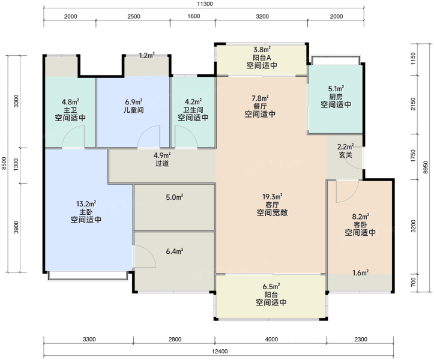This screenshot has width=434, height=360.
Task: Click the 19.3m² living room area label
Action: click(273, 197)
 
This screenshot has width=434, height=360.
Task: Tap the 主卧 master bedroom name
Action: click(86, 212)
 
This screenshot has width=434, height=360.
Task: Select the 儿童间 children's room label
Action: click(134, 110)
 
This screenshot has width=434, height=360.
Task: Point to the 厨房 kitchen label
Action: click(336, 97)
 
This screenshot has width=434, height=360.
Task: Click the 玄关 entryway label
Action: click(345, 155)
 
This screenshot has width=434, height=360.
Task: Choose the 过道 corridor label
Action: click(162, 163)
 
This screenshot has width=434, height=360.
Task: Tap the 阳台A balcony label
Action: click(262, 58)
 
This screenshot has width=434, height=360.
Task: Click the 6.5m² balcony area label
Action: click(271, 286)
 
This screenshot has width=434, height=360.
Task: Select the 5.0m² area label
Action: click(175, 197)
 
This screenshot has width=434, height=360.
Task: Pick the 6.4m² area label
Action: click(175, 251)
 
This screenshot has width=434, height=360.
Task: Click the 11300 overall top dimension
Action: click(205, 4)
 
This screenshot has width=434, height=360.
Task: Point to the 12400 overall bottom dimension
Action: click(220, 352)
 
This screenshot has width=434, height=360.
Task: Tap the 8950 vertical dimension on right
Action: click(426, 167)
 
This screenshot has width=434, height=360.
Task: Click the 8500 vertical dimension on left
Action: click(4, 163)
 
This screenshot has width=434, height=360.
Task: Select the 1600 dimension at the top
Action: click(194, 16)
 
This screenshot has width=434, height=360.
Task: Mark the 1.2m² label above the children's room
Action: click(146, 55)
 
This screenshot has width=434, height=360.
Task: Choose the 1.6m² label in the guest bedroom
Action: click(360, 273)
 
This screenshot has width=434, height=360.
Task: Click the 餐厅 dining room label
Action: click(260, 106)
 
